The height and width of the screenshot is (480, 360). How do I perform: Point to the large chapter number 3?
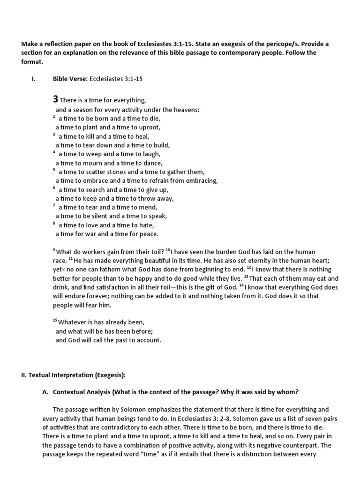pyautogui.click(x=55, y=99)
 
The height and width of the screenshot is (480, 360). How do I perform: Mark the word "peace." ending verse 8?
pyautogui.click(x=147, y=234)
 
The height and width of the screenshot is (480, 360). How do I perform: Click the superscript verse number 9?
pyautogui.click(x=54, y=250)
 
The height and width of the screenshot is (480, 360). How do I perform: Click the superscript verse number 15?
pyautogui.click(x=54, y=321)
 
